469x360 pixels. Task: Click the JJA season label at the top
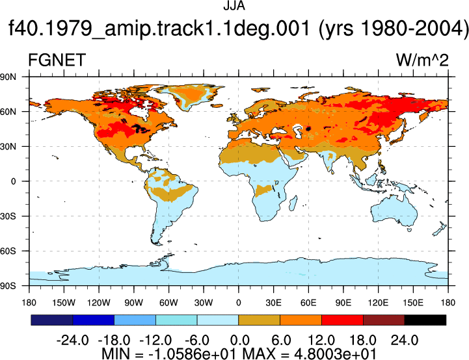click(234, 6)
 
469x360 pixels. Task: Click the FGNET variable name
click(57, 60)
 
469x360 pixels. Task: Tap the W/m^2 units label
click(422, 60)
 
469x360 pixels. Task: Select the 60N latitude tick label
click(8, 112)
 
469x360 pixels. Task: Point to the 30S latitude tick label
click(8, 216)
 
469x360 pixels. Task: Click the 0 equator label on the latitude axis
click(13, 181)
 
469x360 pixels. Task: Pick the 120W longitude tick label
click(99, 303)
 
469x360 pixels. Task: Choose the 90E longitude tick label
click(343, 303)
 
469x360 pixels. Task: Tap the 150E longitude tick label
click(413, 303)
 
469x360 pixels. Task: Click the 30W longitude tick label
click(204, 303)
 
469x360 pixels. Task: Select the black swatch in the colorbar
click(425, 320)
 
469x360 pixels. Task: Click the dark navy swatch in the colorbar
click(52, 320)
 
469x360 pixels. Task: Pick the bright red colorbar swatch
click(342, 320)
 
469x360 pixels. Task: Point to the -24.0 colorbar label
click(72, 341)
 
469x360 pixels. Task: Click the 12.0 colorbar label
click(321, 341)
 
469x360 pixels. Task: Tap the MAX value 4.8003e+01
click(335, 354)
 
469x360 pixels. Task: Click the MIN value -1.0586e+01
click(194, 354)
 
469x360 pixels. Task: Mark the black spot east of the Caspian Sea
click(308, 129)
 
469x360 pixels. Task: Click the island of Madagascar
click(293, 203)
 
